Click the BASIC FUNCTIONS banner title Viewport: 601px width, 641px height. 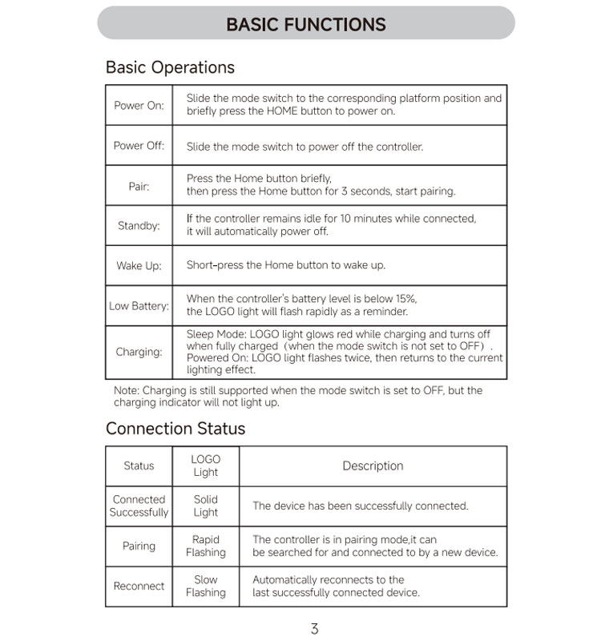305,24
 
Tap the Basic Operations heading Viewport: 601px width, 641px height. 170,67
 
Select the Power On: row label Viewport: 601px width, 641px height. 139,105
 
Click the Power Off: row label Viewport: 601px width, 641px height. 139,146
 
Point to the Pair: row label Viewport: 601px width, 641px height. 139,186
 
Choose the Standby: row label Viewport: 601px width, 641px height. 139,226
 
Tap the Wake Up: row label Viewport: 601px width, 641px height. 139,266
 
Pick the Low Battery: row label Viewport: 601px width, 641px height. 139,306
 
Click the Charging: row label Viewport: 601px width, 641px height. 139,352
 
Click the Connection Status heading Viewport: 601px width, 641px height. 175,429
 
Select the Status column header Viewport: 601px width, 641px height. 139,466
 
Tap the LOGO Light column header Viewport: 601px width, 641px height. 206,466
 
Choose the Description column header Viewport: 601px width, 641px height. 373,466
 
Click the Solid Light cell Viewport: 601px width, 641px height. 206,506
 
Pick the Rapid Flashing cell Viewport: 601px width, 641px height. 206,546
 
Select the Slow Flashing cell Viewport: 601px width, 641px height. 206,586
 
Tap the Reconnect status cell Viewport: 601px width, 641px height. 139,586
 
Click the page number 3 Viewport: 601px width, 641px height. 314,629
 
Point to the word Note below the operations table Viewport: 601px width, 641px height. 126,391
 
